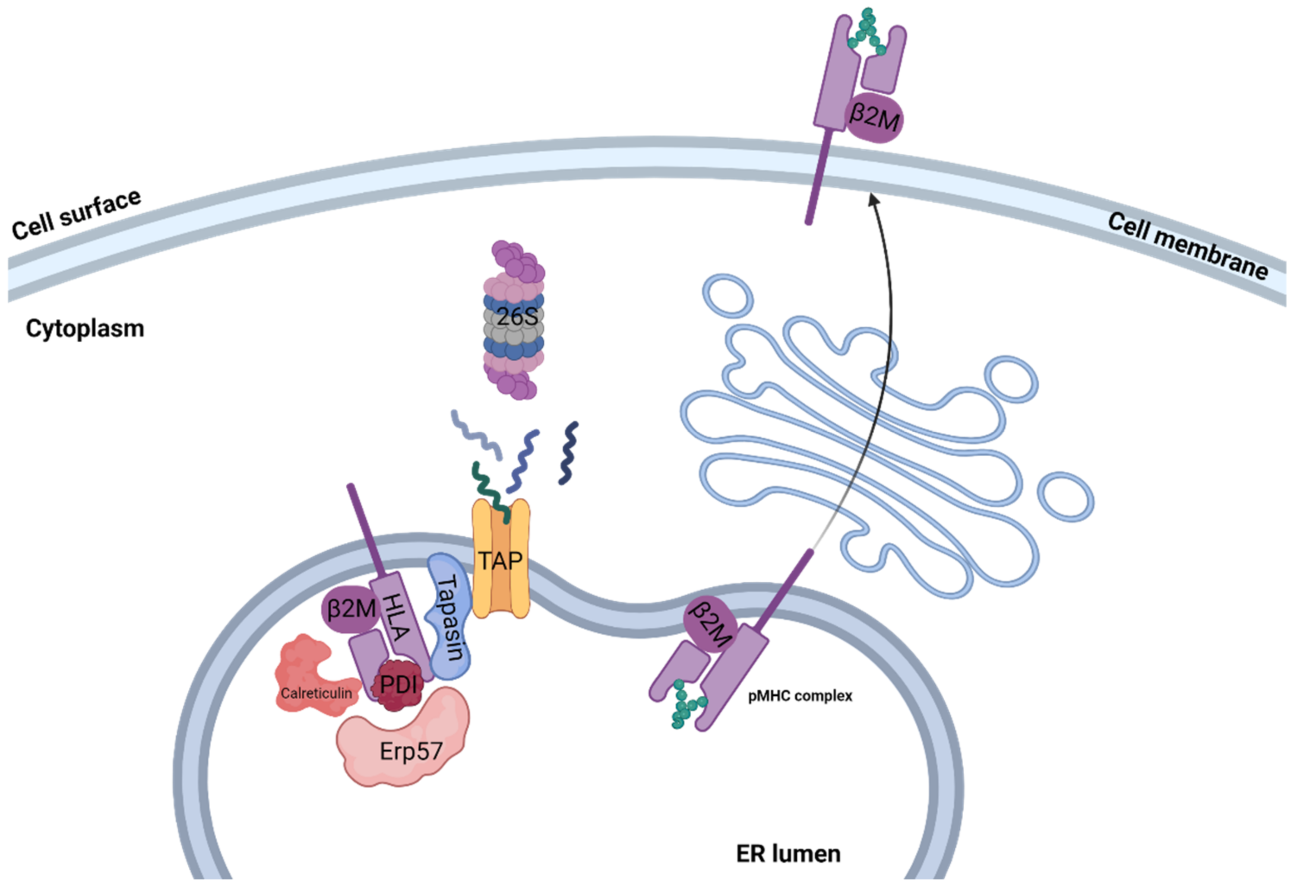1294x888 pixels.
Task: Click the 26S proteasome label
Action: [x=517, y=317]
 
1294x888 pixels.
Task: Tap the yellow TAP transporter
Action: [x=500, y=560]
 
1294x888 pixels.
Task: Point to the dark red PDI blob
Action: [x=398, y=684]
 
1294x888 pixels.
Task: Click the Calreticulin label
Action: [x=316, y=693]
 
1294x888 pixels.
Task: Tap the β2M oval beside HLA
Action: [x=351, y=608]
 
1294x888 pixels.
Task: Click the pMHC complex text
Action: [x=800, y=696]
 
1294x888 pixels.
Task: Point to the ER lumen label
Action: [x=788, y=853]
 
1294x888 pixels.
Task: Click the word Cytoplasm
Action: [x=85, y=329]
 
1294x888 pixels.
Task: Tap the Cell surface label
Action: [x=76, y=214]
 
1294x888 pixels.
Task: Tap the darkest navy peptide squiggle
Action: [x=568, y=453]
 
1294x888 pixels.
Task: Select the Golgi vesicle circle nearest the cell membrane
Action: [x=728, y=295]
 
